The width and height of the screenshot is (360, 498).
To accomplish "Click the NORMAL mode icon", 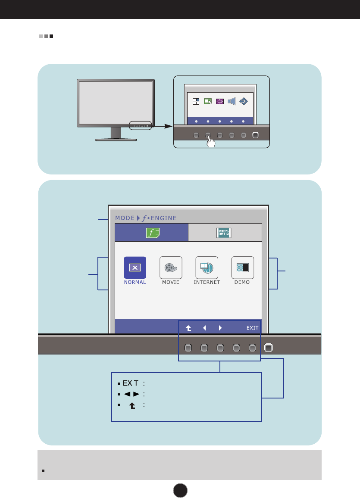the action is (135, 268).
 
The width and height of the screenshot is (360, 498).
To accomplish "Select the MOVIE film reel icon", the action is (171, 268).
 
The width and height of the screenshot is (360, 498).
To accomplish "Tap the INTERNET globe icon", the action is (207, 268).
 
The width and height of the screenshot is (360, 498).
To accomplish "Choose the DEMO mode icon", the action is (243, 268).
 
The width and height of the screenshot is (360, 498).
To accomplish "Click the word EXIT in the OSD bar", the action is (252, 328).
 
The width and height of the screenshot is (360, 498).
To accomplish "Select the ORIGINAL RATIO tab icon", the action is (224, 233).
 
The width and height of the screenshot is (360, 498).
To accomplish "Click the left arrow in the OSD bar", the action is (204, 328).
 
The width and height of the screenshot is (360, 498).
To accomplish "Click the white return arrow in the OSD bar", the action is (188, 328).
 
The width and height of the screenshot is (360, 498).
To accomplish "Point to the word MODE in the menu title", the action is (125, 218).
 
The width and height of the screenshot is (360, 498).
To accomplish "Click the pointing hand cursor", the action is (210, 143).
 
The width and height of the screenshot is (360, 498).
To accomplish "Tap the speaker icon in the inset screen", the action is (231, 101).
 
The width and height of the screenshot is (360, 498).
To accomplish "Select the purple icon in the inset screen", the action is (219, 101).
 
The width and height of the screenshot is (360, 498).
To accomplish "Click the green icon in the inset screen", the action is (208, 101).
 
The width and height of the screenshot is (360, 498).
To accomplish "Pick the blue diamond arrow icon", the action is (243, 101).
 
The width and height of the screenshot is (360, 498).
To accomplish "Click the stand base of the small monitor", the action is (116, 140).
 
